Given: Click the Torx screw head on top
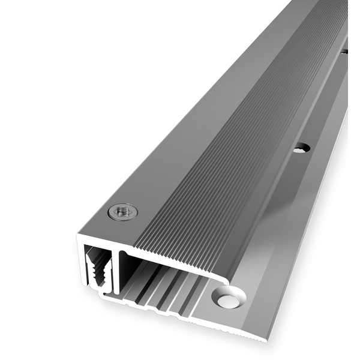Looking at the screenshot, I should pos(122,211).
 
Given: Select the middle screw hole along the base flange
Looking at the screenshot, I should pos(302,147).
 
